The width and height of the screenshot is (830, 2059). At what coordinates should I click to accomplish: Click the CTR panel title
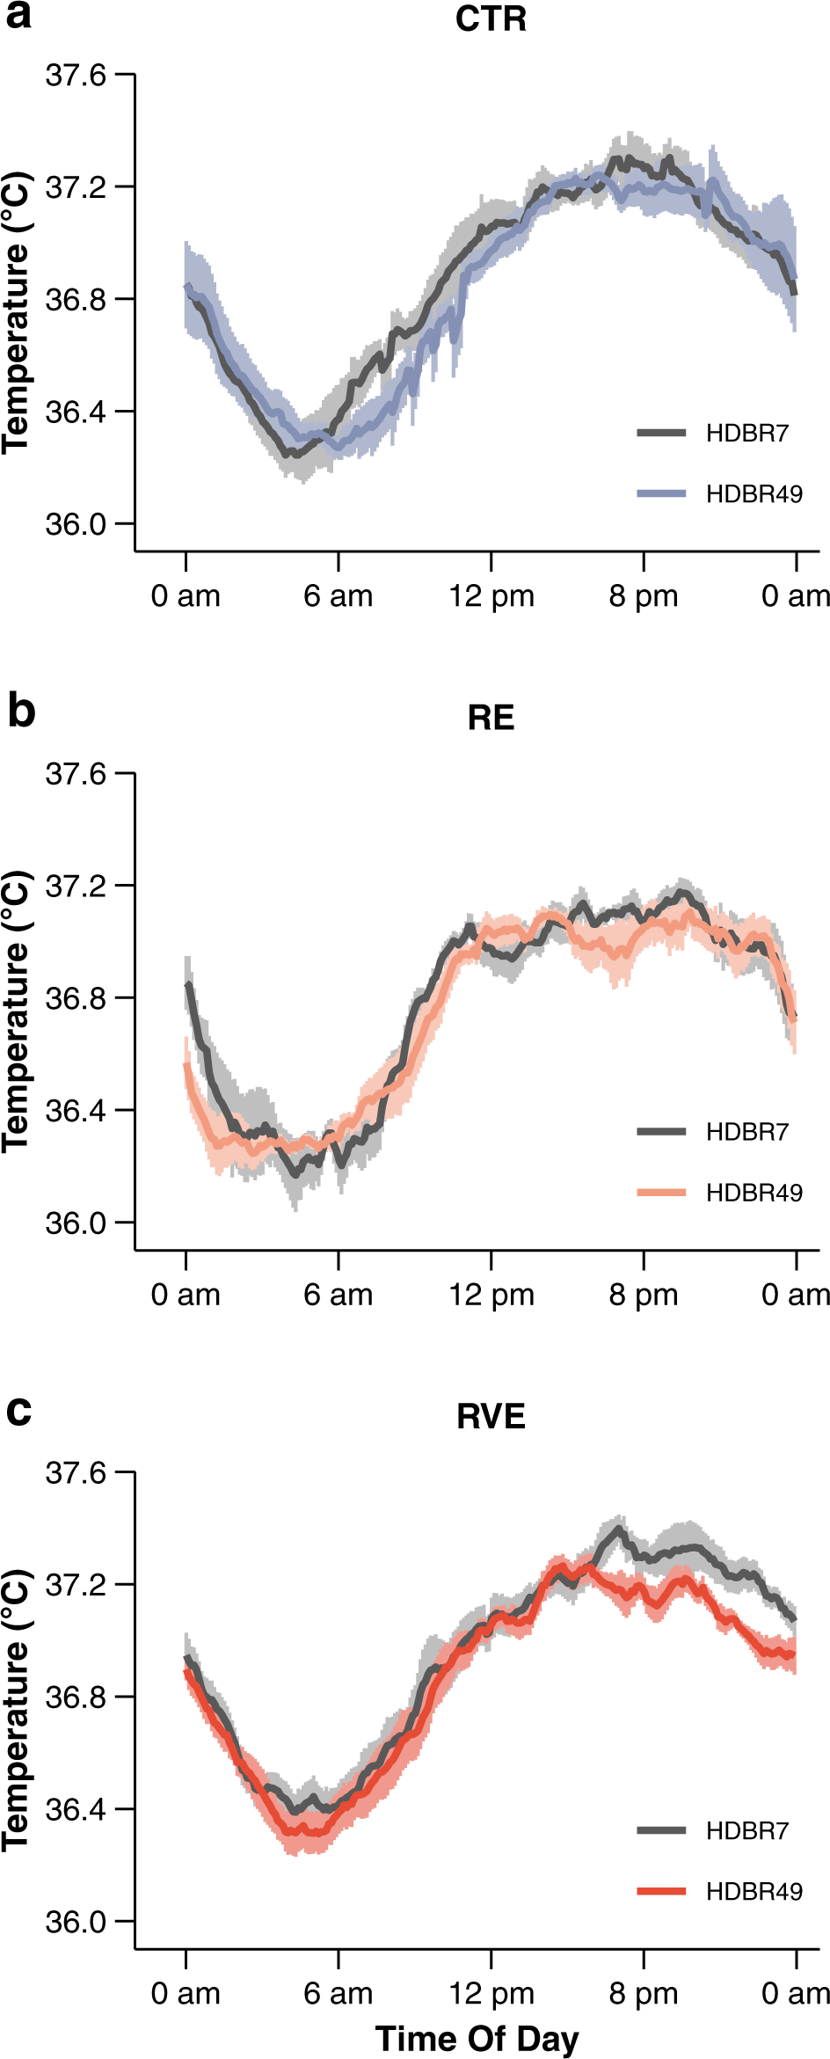pos(491,19)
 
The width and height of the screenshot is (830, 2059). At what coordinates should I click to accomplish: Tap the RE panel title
pos(491,718)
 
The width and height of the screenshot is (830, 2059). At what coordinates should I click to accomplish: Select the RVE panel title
pos(491,1416)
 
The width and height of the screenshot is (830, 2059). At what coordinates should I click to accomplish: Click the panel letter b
pos(21,711)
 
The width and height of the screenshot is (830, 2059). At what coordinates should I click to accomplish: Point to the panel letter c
pos(18,1411)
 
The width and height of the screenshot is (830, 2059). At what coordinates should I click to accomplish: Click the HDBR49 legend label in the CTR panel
pos(754,493)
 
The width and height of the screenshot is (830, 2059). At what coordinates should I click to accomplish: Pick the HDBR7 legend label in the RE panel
pos(746,1131)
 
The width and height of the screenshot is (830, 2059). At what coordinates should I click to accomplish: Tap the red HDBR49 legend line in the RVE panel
pos(661,1890)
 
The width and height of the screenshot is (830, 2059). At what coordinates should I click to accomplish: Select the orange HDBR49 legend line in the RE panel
pos(661,1192)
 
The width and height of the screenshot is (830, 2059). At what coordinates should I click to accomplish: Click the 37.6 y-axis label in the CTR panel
pos(76,76)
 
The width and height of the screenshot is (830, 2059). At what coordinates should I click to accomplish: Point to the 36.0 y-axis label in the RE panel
pos(76,1223)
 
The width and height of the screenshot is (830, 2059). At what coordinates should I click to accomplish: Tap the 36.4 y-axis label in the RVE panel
pos(76,1809)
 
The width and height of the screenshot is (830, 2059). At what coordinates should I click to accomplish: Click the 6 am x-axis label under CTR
pos(339,596)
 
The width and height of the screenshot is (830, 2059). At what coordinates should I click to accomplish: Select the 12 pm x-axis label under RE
pos(491,1295)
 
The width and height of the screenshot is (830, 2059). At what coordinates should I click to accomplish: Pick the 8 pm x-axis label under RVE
pos(644,1993)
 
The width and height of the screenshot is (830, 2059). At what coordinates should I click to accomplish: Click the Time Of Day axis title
pos(477,2038)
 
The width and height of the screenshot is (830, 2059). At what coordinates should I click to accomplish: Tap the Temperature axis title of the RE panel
pos(16,1011)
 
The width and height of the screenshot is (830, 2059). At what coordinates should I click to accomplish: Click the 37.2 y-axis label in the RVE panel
pos(76,1584)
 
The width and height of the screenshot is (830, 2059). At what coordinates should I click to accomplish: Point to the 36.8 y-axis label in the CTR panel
pos(76,299)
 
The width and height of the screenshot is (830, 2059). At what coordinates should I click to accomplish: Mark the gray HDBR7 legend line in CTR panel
pos(661,432)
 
